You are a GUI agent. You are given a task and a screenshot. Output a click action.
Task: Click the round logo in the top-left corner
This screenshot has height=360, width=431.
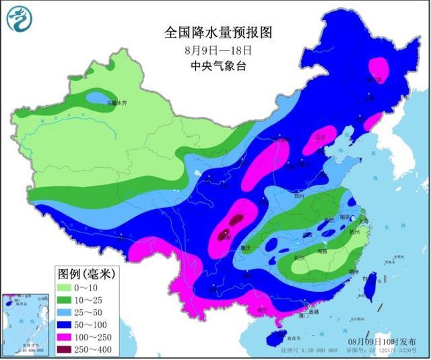click(20, 18)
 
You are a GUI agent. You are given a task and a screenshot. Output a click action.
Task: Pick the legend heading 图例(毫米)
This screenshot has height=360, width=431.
click(88, 274)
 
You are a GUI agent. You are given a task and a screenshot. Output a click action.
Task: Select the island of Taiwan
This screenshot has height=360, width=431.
click(368, 287)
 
